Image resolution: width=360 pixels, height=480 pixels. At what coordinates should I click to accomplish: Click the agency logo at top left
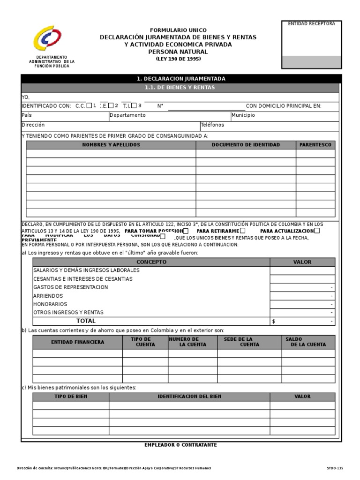(x=47, y=38)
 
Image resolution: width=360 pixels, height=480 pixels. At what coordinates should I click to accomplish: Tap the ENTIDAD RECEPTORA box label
(x=311, y=24)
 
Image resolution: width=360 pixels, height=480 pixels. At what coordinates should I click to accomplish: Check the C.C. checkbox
(x=89, y=105)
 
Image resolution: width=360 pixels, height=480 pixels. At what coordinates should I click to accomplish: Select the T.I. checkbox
(x=134, y=105)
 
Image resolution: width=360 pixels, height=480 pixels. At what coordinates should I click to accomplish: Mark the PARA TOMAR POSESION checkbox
(x=186, y=231)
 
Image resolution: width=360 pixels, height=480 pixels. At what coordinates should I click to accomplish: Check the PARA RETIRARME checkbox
(x=242, y=231)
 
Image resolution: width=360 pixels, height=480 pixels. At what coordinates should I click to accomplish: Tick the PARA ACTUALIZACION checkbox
(x=317, y=231)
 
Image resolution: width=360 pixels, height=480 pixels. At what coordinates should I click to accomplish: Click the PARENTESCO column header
(x=315, y=145)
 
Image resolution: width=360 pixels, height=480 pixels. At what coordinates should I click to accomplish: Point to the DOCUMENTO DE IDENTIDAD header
(x=246, y=145)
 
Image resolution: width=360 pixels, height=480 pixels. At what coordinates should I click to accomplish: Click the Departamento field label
(x=127, y=115)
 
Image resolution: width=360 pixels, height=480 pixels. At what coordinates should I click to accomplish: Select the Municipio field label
(x=243, y=115)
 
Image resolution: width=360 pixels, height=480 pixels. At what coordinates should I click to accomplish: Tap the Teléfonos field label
(x=212, y=125)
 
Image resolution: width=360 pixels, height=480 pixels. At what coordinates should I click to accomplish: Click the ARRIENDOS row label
(x=48, y=296)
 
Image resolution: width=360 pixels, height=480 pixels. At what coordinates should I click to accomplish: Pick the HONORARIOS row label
(x=50, y=304)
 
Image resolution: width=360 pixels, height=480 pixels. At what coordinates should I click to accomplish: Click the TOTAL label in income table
(x=86, y=321)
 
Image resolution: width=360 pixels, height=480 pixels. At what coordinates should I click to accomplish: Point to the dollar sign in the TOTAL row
(x=274, y=322)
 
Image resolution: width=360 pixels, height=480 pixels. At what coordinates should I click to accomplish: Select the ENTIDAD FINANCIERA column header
(x=77, y=342)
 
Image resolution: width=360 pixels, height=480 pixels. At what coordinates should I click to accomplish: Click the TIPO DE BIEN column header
(x=71, y=397)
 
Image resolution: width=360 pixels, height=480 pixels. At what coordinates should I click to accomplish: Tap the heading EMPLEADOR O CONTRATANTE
(x=180, y=445)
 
